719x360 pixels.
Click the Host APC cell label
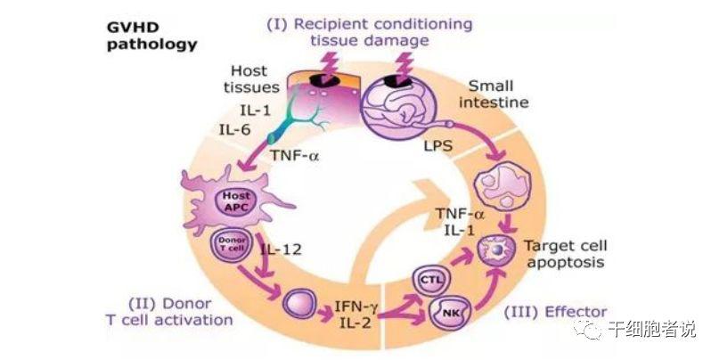(x=236, y=201)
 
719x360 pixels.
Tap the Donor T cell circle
(x=232, y=244)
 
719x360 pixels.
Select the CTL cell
(x=432, y=279)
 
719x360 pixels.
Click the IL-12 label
(x=281, y=250)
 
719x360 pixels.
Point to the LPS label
(x=437, y=146)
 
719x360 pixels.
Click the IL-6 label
(x=235, y=130)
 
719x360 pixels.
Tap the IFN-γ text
(x=356, y=306)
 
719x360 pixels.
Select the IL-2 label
(x=355, y=323)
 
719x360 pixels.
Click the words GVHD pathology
(x=151, y=36)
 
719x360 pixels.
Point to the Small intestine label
(x=494, y=94)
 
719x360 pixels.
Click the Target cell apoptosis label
(x=566, y=254)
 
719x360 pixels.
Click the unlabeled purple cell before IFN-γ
(x=299, y=303)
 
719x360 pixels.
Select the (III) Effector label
(x=555, y=312)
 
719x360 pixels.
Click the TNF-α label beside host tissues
(x=294, y=155)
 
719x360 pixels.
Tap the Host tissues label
(x=251, y=79)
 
